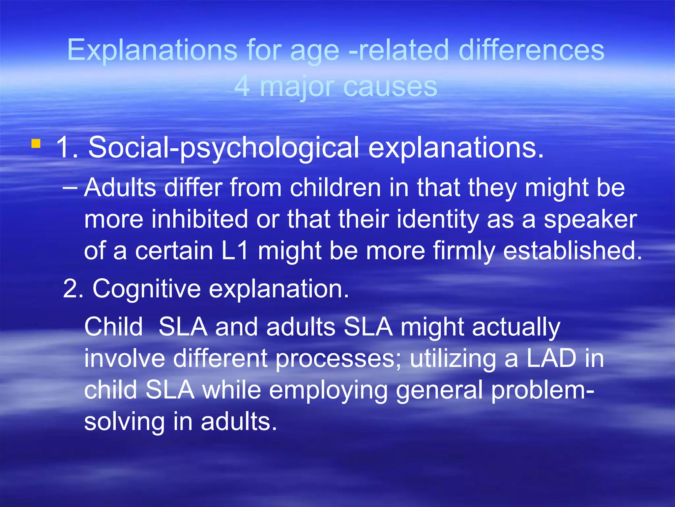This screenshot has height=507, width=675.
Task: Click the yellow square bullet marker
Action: tap(36, 144)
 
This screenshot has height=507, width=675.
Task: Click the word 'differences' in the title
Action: tap(531, 50)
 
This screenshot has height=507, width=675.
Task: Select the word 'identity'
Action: tap(438, 220)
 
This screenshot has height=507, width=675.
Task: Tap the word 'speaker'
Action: tap(590, 220)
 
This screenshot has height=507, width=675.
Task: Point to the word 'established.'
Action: tap(572, 251)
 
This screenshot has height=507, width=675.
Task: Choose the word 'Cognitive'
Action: tap(146, 289)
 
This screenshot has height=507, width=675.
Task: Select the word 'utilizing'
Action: tap(453, 359)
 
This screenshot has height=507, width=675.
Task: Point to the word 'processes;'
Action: tap(338, 359)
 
